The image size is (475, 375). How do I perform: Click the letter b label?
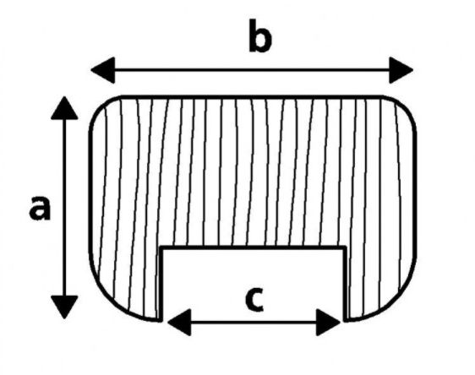pyautogui.click(x=260, y=35)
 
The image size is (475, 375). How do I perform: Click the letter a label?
pyautogui.click(x=40, y=208)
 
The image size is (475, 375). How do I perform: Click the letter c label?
pyautogui.click(x=254, y=300)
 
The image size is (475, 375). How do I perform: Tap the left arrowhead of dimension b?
pyautogui.click(x=103, y=70)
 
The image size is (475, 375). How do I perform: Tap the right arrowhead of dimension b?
pyautogui.click(x=401, y=70)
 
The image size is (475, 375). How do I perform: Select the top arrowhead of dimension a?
pyautogui.click(x=64, y=108)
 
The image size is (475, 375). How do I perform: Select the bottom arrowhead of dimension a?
pyautogui.click(x=64, y=307)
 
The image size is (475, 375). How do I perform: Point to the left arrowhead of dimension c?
pyautogui.click(x=179, y=323)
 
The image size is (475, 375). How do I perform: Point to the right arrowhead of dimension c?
pyautogui.click(x=329, y=323)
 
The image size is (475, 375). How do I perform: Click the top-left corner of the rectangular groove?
pyautogui.click(x=161, y=247)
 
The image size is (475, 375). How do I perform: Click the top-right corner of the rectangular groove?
pyautogui.click(x=346, y=247)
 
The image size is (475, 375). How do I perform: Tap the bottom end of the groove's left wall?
pyautogui.click(x=161, y=320)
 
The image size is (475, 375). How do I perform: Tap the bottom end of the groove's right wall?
pyautogui.click(x=346, y=320)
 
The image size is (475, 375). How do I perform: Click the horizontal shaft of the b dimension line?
pyautogui.click(x=252, y=70)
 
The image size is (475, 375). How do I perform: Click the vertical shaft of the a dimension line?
pyautogui.click(x=64, y=207)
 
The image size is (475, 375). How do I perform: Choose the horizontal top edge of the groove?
pyautogui.click(x=254, y=247)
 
